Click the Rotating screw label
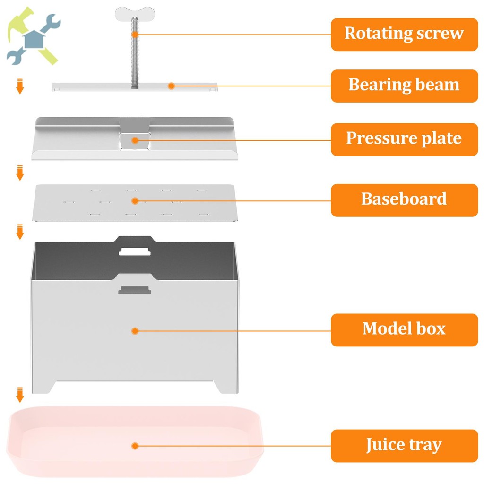405,35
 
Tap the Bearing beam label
405,86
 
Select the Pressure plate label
405,139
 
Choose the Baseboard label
405,200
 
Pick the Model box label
405,330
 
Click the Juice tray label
405,446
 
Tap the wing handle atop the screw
135,14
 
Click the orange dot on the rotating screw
135,34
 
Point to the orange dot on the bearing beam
171,86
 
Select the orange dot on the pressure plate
135,140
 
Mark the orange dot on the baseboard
135,201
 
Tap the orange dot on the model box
135,331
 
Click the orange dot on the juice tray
135,446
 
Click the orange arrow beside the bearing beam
20,86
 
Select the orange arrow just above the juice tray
20,395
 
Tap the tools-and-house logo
34,36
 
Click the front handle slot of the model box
135,290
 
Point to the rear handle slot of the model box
135,251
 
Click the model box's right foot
226,387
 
